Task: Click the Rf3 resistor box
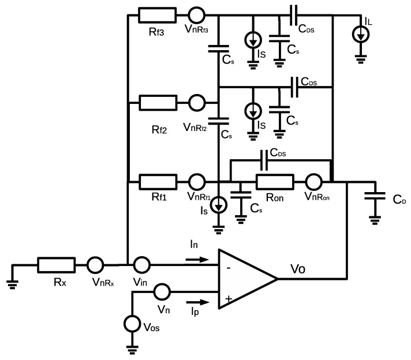[x=158, y=13]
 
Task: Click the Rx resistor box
[x=56, y=265]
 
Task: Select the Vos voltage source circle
[x=134, y=323]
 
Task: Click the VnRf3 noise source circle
[x=197, y=13]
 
